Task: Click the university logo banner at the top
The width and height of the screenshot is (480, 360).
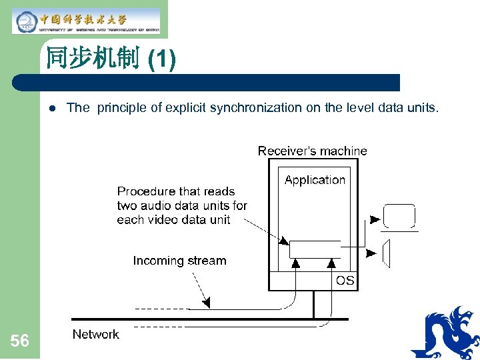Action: pyautogui.click(x=86, y=20)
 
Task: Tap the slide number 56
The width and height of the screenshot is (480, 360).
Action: pyautogui.click(x=20, y=341)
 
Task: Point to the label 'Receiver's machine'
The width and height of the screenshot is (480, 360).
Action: pyautogui.click(x=312, y=151)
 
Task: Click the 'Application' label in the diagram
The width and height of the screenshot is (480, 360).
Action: pyautogui.click(x=315, y=180)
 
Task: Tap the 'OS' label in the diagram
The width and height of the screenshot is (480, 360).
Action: pyautogui.click(x=345, y=281)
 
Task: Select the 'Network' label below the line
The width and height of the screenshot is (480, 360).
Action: pyautogui.click(x=95, y=334)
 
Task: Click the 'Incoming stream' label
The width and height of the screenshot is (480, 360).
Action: pyautogui.click(x=179, y=261)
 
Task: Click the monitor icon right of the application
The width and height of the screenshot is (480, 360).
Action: pyautogui.click(x=399, y=217)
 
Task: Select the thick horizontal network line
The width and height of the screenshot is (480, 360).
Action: pyautogui.click(x=200, y=319)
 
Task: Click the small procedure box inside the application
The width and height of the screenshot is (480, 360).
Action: pyautogui.click(x=314, y=249)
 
